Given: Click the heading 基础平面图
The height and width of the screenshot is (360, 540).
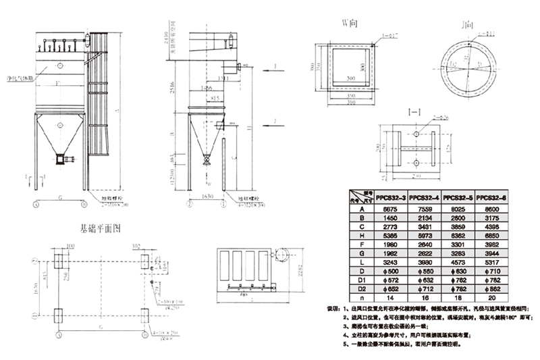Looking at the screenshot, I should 100,229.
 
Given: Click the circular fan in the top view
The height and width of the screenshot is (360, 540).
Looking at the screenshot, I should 281,253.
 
